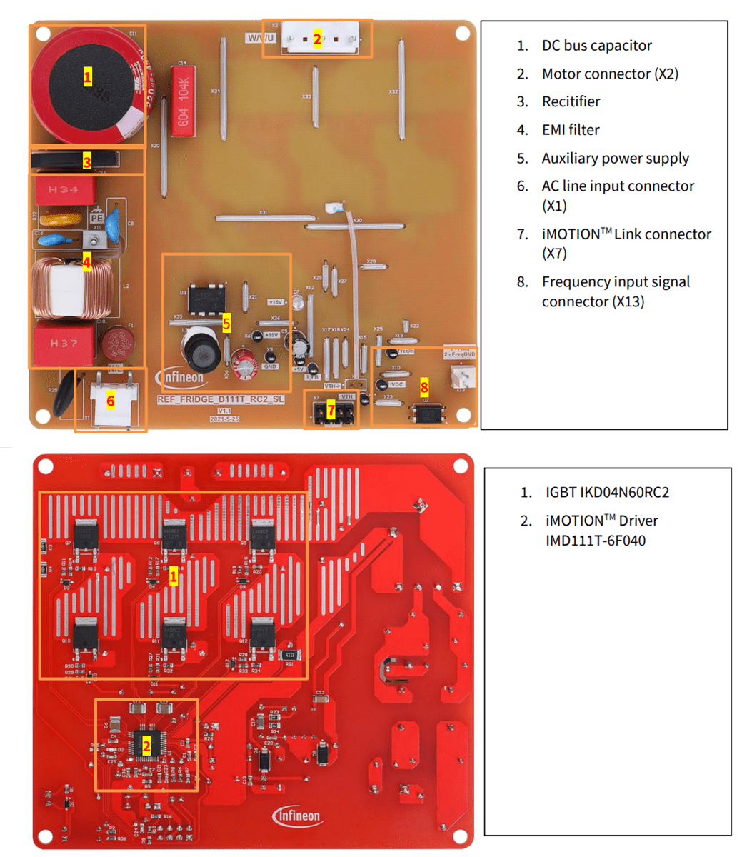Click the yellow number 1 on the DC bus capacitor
pyautogui.click(x=87, y=76)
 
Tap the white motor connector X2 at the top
pyautogui.click(x=317, y=39)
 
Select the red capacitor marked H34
pyautogui.click(x=64, y=190)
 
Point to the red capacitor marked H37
pyautogui.click(x=64, y=343)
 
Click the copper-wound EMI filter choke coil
pyautogui.click(x=71, y=289)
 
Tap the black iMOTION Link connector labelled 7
pyautogui.click(x=331, y=411)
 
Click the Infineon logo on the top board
pyautogui.click(x=179, y=376)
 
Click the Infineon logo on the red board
pyautogui.click(x=296, y=816)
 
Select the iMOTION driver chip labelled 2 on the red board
pyautogui.click(x=146, y=746)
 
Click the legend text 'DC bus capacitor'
pyautogui.click(x=596, y=46)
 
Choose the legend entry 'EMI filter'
pyautogui.click(x=570, y=130)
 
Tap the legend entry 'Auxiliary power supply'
pyautogui.click(x=615, y=159)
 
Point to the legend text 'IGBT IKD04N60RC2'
pyautogui.click(x=607, y=493)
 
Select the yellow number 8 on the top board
pyautogui.click(x=424, y=388)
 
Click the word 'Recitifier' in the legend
pyautogui.click(x=571, y=101)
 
